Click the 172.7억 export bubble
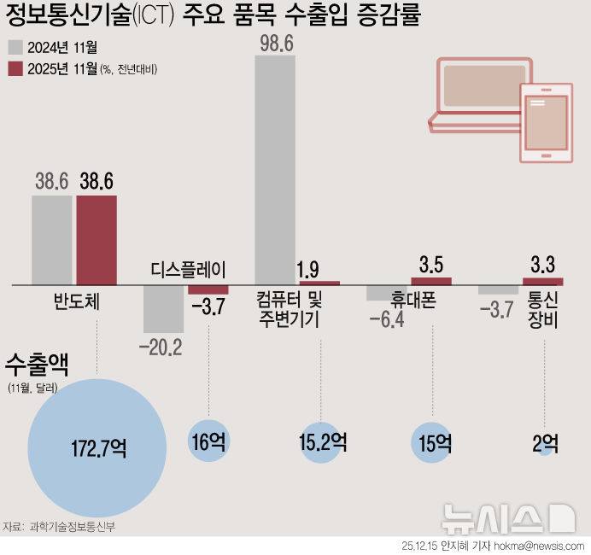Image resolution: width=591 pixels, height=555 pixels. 96,447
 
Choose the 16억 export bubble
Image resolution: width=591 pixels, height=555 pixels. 207,441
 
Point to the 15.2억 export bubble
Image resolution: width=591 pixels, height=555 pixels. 322,442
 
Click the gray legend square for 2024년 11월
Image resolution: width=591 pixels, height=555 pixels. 15,48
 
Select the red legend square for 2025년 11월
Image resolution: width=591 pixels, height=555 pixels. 15,68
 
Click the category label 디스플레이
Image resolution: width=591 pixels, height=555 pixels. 188,271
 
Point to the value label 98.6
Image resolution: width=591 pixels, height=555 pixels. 276,44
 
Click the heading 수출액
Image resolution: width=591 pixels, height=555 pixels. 37,365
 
